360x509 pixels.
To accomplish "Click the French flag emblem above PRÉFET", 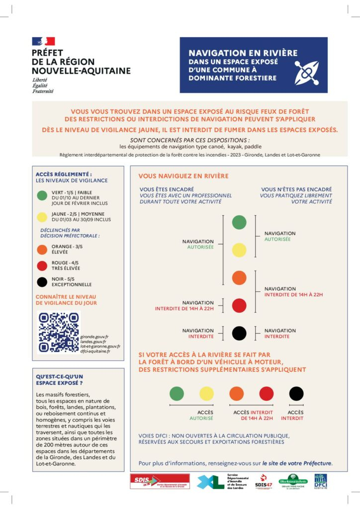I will click(43, 41).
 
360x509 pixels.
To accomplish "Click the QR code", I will click(58, 332).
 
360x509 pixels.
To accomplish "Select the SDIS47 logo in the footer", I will click(263, 481).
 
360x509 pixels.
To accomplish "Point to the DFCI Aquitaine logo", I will click(320, 481).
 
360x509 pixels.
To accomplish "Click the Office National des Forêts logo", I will click(291, 481).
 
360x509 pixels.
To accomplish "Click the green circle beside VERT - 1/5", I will click(43, 195).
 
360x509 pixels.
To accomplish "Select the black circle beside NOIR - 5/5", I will click(43, 281).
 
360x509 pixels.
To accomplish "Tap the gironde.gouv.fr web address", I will click(94, 337).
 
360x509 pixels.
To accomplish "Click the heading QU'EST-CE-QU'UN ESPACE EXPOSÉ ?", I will click(60, 380).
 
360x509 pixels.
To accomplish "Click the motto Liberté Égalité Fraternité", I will click(42, 85).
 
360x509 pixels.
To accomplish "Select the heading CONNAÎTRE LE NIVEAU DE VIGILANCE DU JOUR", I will click(66, 299).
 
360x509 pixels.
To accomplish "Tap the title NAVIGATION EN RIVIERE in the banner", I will click(243, 53).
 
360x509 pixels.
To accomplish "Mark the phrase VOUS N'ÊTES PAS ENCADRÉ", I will click(296, 189).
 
